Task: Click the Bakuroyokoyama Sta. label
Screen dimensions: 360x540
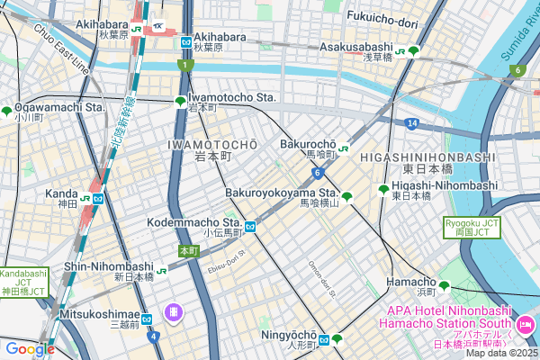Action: click(280, 193)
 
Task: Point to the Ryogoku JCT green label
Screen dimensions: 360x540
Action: click(470, 227)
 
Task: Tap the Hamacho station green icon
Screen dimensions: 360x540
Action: click(444, 286)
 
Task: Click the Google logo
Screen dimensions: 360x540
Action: click(30, 349)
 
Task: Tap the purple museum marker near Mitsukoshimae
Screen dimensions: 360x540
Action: click(173, 312)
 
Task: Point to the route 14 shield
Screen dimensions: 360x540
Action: click(410, 122)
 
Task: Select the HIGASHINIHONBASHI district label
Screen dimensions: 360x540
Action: click(427, 157)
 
